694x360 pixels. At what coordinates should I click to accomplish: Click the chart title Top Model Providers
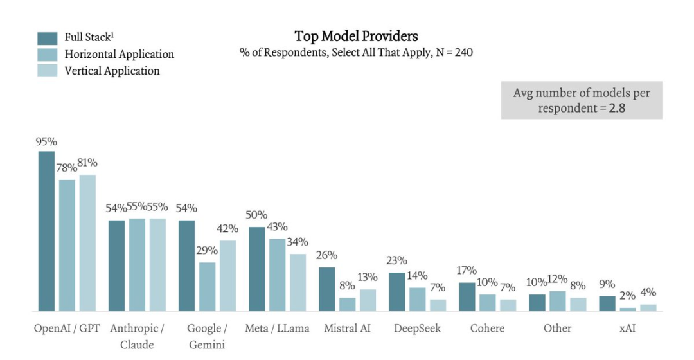pyautogui.click(x=356, y=36)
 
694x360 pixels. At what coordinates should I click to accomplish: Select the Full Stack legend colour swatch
pyautogui.click(x=48, y=38)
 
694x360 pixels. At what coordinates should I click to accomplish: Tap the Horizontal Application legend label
pyautogui.click(x=120, y=54)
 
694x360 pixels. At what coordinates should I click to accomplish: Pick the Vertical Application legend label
pyautogui.click(x=112, y=71)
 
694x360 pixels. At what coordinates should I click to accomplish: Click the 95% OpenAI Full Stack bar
pyautogui.click(x=46, y=231)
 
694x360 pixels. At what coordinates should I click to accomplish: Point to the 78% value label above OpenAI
pyautogui.click(x=67, y=168)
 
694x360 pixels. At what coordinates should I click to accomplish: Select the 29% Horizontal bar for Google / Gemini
pyautogui.click(x=207, y=287)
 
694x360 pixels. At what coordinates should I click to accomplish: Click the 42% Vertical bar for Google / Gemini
pyautogui.click(x=227, y=276)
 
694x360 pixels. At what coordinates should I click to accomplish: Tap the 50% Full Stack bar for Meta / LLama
pyautogui.click(x=256, y=269)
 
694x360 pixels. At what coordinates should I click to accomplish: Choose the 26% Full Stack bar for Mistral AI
pyautogui.click(x=327, y=289)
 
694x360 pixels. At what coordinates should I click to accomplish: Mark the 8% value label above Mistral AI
pyautogui.click(x=347, y=286)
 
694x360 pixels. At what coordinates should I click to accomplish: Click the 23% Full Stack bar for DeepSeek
pyautogui.click(x=397, y=292)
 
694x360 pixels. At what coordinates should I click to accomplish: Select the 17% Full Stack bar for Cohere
pyautogui.click(x=467, y=297)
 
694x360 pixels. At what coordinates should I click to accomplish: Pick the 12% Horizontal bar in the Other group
pyautogui.click(x=558, y=301)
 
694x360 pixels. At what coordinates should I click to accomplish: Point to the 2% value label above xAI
pyautogui.click(x=628, y=296)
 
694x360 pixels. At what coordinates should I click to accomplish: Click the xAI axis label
pyautogui.click(x=628, y=328)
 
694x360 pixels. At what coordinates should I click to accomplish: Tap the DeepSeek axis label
pyautogui.click(x=418, y=328)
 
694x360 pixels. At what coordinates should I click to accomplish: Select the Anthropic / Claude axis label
pyautogui.click(x=137, y=336)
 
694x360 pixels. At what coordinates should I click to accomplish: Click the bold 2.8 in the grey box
pyautogui.click(x=618, y=108)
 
